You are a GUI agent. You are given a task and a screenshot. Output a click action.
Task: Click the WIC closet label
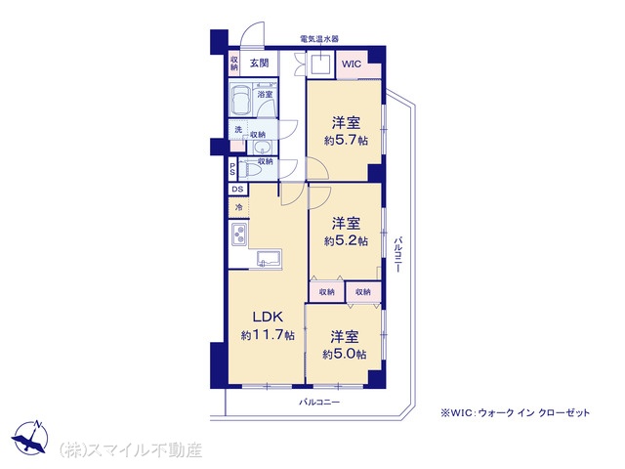[352, 64]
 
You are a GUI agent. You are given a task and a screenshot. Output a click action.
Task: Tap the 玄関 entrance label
[259, 63]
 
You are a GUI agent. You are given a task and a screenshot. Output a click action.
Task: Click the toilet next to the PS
[250, 169]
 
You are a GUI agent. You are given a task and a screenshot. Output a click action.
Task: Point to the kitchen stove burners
[239, 234]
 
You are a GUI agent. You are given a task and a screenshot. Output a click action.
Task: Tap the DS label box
[238, 189]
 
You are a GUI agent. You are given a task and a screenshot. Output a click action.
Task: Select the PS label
[232, 169]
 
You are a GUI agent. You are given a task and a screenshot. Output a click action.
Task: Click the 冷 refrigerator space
[238, 207]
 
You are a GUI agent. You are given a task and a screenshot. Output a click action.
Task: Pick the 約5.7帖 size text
[346, 141]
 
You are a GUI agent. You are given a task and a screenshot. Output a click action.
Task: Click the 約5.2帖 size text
[346, 241]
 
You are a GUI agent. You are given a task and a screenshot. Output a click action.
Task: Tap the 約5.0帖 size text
[345, 354]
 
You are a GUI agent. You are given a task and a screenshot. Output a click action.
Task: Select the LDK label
[268, 317]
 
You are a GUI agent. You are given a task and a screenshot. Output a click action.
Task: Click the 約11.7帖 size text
[268, 335]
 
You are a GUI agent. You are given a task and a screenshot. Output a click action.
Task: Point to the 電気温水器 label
[319, 39]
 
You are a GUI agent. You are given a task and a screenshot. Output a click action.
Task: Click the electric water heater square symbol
[320, 64]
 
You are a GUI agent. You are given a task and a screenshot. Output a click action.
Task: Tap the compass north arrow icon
[31, 437]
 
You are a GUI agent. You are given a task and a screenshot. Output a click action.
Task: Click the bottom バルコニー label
[319, 402]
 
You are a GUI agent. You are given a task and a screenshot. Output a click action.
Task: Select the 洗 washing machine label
[238, 130]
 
